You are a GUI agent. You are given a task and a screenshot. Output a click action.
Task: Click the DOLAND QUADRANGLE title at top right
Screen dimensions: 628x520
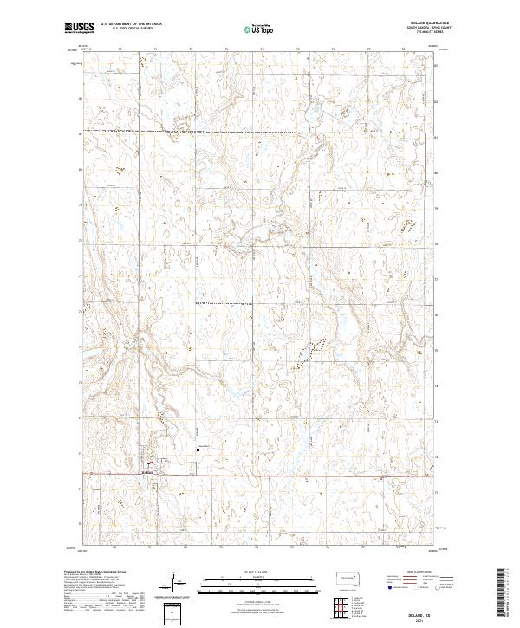coord(419,23)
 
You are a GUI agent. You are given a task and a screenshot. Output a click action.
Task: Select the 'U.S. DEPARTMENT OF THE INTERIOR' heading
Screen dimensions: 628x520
coord(131,24)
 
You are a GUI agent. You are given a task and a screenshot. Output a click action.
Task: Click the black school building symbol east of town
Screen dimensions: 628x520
coord(197,449)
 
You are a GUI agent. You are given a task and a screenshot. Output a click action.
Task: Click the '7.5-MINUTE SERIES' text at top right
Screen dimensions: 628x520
coord(419,34)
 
